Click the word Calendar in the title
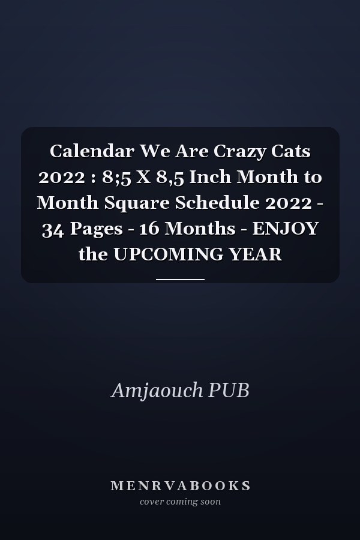(x=92, y=151)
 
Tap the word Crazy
(x=236, y=152)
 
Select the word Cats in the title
(x=291, y=151)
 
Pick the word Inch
(x=210, y=176)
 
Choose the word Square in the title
(x=137, y=203)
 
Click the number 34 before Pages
(x=53, y=229)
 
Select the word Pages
(x=97, y=229)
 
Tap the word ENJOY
(x=286, y=229)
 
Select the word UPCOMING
(x=168, y=254)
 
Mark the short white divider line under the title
(x=180, y=280)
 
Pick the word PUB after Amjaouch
(x=229, y=390)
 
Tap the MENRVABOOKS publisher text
(x=180, y=486)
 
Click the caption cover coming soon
(x=180, y=502)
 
